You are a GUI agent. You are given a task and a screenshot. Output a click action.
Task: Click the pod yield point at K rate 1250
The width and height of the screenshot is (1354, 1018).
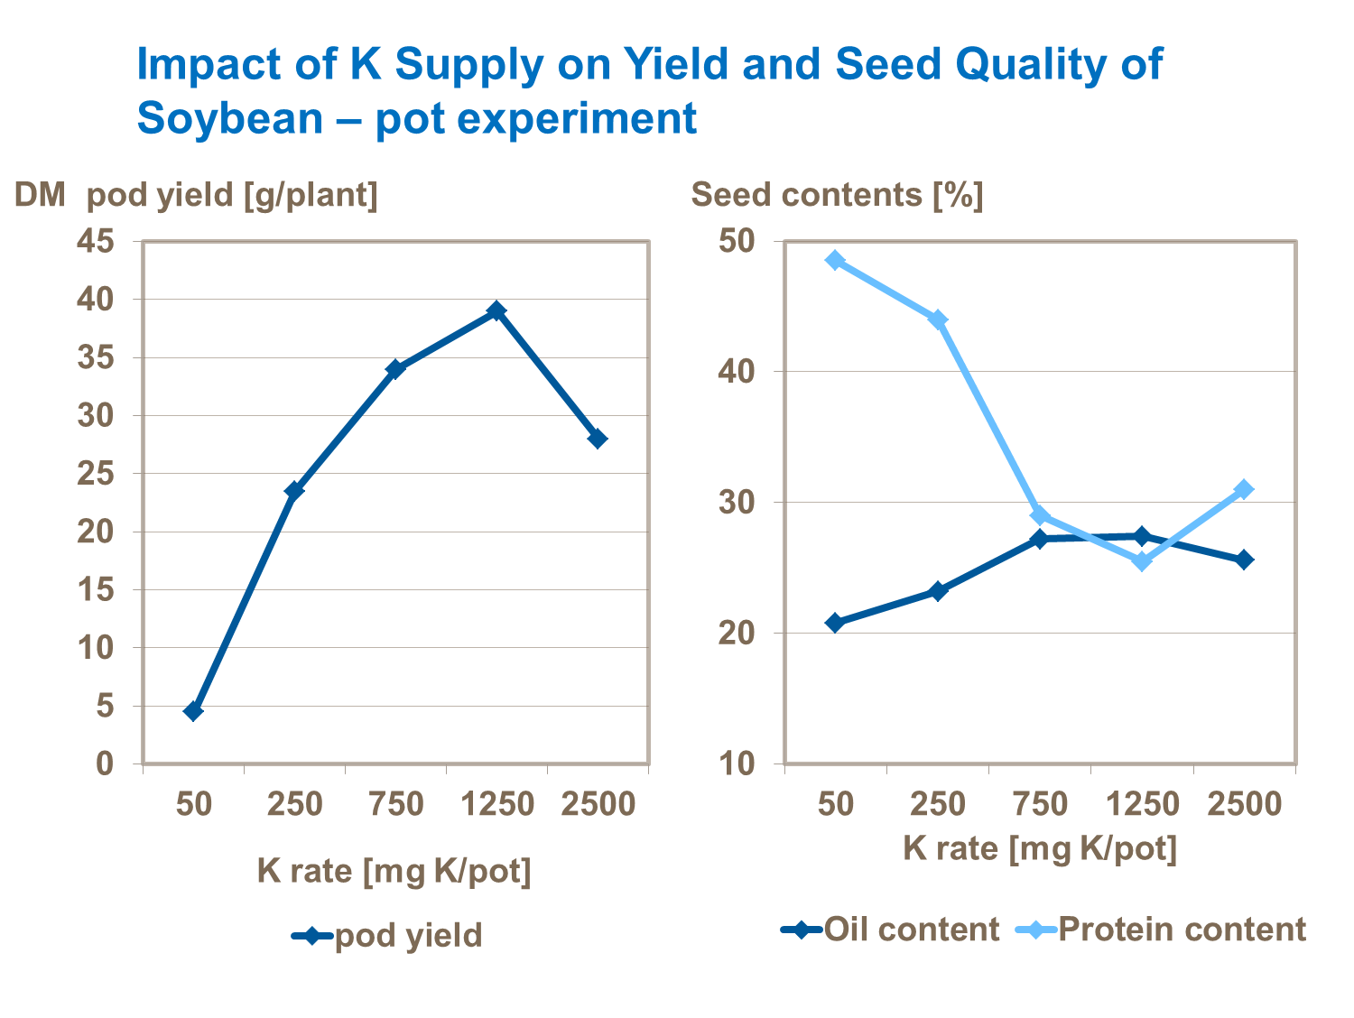496,311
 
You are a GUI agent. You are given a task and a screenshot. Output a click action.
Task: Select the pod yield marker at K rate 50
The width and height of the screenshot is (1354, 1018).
193,711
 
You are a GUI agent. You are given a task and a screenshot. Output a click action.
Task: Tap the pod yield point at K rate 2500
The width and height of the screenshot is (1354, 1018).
597,439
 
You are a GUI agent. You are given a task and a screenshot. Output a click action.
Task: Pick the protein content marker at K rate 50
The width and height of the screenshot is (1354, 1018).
835,261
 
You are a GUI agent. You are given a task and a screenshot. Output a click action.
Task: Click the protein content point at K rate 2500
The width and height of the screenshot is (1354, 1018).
1244,489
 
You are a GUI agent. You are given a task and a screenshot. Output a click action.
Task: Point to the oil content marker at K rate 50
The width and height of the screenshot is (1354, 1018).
835,623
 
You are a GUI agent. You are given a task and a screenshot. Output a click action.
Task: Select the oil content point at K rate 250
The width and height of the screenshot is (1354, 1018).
938,591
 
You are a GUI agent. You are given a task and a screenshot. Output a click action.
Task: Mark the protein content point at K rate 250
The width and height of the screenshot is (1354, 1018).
938,319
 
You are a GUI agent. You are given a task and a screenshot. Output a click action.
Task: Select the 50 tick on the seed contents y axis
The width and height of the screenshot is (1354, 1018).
737,241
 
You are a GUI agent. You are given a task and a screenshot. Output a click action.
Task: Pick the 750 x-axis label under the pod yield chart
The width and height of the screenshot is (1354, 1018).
396,803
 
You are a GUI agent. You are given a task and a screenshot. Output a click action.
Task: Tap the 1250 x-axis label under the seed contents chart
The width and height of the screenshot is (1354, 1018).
1143,803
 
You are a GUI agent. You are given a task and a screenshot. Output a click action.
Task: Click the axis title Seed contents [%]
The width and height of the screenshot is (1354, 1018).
837,195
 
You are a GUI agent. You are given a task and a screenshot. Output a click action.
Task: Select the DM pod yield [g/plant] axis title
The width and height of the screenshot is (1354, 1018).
196,195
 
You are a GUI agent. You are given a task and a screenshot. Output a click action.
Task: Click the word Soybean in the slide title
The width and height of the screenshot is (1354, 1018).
229,118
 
